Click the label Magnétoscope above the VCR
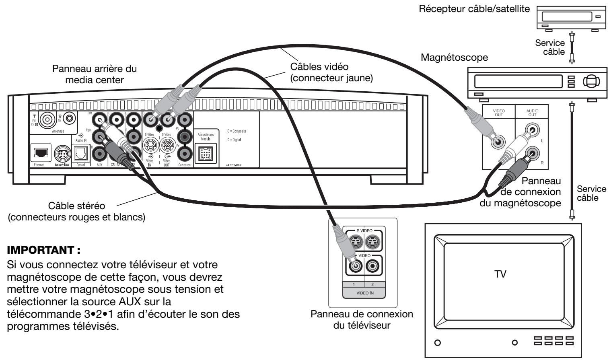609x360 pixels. (454, 58)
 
